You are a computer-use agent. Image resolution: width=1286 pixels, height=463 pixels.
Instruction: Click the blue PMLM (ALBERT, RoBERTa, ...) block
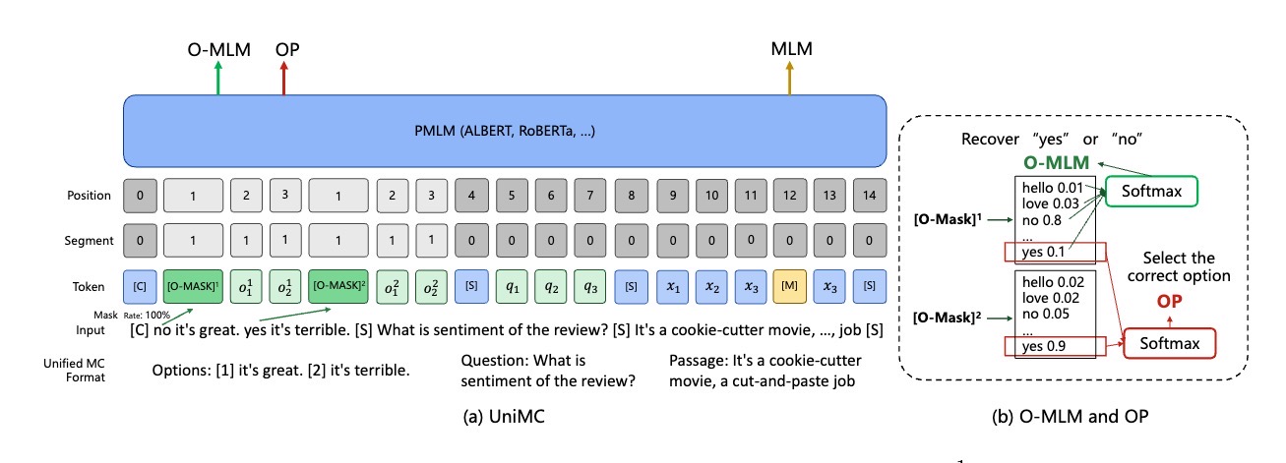pyautogui.click(x=505, y=131)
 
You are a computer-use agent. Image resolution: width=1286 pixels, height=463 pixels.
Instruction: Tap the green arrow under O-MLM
pyautogui.click(x=218, y=78)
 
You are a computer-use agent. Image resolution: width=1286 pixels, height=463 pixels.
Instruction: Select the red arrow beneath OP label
pyautogui.click(x=283, y=78)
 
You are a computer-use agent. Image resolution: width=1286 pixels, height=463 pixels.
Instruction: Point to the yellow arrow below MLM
pyautogui.click(x=789, y=78)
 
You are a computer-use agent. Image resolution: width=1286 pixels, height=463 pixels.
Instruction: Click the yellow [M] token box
pyautogui.click(x=789, y=286)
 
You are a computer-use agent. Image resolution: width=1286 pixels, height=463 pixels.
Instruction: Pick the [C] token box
pyautogui.click(x=140, y=286)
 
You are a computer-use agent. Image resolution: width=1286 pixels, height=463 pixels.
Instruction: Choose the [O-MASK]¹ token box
pyautogui.click(x=193, y=286)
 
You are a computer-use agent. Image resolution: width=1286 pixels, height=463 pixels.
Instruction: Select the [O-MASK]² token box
pyautogui.click(x=338, y=286)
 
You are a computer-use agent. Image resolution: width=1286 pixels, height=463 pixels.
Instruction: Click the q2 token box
pyautogui.click(x=551, y=286)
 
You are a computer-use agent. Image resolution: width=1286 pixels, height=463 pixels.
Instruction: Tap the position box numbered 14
pyautogui.click(x=869, y=196)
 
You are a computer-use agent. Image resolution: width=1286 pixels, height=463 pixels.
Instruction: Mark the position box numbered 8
pyautogui.click(x=631, y=196)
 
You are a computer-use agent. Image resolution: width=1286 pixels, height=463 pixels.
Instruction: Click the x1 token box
pyautogui.click(x=672, y=286)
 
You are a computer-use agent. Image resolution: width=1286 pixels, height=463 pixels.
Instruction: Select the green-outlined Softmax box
pyautogui.click(x=1151, y=191)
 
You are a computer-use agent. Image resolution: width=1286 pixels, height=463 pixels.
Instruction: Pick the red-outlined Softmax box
pyautogui.click(x=1170, y=343)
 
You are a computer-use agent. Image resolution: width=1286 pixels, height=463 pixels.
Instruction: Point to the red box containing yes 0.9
pyautogui.click(x=1055, y=347)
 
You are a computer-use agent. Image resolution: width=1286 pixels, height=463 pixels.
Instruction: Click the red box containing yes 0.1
pyautogui.click(x=1055, y=252)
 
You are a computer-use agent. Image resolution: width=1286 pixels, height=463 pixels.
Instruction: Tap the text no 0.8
pyautogui.click(x=1041, y=220)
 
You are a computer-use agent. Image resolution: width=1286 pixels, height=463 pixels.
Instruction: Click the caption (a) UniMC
pyautogui.click(x=504, y=416)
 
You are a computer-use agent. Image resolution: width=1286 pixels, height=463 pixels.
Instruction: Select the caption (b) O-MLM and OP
pyautogui.click(x=1071, y=416)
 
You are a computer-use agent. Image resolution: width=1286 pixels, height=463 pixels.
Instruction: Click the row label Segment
pyautogui.click(x=89, y=241)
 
